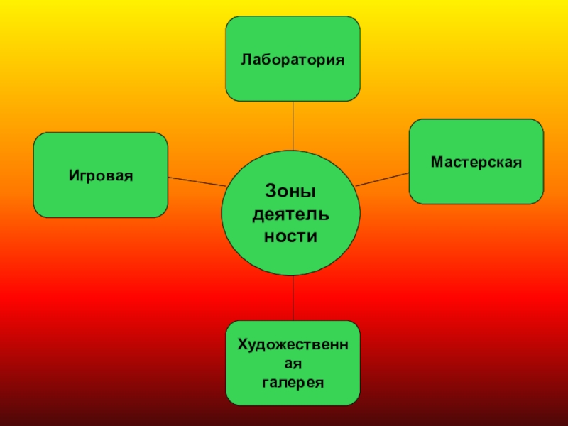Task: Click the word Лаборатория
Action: coord(293,59)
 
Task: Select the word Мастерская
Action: coord(476,162)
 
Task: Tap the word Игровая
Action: coord(101,174)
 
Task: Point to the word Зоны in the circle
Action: coord(290,191)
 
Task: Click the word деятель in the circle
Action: coord(290,214)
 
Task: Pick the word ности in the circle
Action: coord(290,236)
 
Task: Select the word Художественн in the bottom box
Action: coord(293,344)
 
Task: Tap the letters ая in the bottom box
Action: coord(293,364)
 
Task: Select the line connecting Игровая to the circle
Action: coord(195,180)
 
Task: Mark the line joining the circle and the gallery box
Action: coord(293,298)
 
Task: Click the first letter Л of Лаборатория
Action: coord(245,59)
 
